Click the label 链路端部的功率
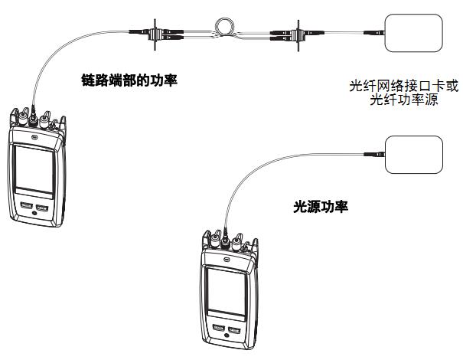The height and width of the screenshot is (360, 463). coord(129,78)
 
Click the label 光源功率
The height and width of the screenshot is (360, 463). coord(321,206)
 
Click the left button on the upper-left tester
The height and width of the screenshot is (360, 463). coord(27,207)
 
